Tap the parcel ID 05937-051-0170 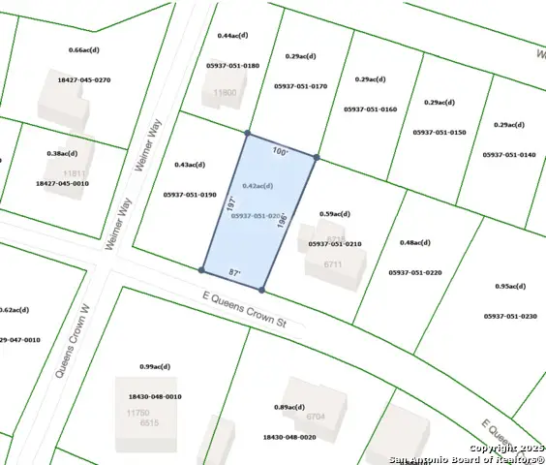coord(300,86)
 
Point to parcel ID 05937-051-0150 coord(440,132)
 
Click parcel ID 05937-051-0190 coord(190,194)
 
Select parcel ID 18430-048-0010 coord(154,396)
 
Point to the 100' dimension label coord(280,152)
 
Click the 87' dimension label coord(233,275)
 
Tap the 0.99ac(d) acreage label coord(154,367)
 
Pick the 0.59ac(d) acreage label coord(334,214)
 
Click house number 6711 coord(334,263)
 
